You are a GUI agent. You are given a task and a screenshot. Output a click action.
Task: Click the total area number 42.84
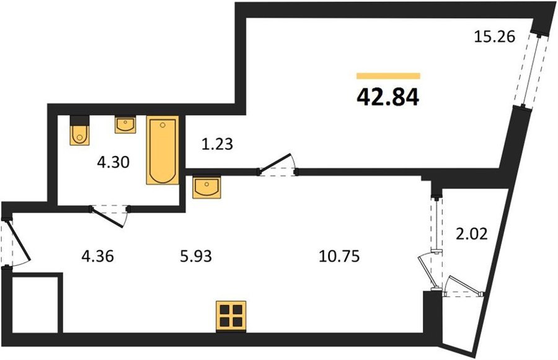(388, 97)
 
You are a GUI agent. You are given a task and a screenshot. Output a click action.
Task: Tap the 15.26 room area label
(495, 37)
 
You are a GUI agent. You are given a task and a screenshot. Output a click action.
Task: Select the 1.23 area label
(217, 144)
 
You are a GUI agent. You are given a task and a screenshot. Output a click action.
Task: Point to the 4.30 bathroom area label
(113, 162)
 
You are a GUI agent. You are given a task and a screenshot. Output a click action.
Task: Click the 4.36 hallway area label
(97, 256)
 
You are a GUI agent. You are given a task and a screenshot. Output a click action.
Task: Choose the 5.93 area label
(196, 256)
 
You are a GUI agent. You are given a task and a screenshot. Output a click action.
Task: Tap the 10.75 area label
(339, 256)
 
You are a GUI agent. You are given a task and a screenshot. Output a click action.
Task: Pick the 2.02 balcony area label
(472, 234)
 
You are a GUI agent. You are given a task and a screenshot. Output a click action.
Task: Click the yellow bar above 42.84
(388, 76)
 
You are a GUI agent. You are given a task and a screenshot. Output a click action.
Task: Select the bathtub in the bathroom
(162, 150)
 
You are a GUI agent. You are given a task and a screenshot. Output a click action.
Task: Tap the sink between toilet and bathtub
(125, 125)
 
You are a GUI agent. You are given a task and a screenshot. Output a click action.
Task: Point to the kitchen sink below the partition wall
(206, 187)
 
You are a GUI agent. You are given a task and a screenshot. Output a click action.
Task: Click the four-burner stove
(231, 316)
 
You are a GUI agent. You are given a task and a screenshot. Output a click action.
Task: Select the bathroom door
(110, 216)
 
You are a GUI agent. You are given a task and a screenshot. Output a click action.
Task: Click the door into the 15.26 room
(278, 165)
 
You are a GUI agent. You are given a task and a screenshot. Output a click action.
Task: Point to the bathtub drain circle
(162, 125)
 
